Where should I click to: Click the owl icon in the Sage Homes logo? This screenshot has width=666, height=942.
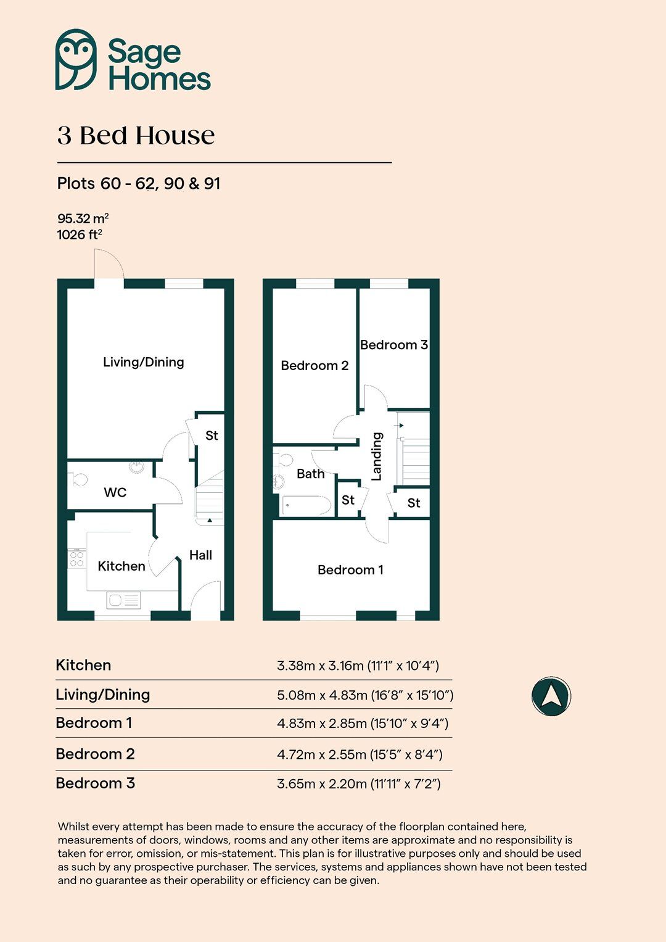click(x=76, y=59)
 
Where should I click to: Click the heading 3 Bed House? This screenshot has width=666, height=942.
click(x=136, y=136)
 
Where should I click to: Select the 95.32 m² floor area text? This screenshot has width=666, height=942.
click(x=83, y=218)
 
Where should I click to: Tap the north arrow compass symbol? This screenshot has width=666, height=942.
click(x=551, y=696)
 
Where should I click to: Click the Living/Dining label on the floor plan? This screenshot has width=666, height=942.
click(x=144, y=362)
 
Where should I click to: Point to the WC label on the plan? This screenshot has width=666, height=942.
click(x=115, y=492)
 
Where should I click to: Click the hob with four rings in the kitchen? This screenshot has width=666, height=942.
click(x=76, y=559)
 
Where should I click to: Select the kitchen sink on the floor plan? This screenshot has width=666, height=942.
click(x=123, y=600)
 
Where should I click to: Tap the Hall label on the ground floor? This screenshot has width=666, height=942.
click(x=200, y=555)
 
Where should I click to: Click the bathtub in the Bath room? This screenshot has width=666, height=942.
click(x=306, y=505)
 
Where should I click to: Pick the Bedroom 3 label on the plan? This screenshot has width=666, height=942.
click(x=393, y=345)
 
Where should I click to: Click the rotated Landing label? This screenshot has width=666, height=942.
click(x=376, y=456)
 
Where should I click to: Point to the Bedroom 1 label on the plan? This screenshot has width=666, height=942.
click(x=350, y=570)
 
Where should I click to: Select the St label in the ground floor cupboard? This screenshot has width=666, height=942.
click(x=212, y=436)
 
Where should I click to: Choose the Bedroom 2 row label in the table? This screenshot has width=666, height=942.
click(x=95, y=754)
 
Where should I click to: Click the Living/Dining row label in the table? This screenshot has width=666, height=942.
click(x=103, y=695)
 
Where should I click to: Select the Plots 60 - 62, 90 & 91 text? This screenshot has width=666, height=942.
click(x=139, y=184)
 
